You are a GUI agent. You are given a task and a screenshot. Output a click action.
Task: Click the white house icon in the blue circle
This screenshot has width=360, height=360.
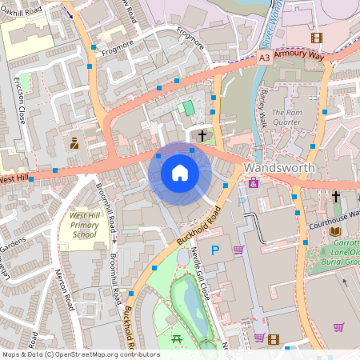pyautogui.click(x=180, y=173)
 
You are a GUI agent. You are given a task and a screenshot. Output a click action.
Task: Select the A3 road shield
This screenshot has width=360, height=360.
pyautogui.click(x=264, y=58)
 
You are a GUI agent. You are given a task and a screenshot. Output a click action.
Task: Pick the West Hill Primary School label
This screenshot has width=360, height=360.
pyautogui.click(x=84, y=225)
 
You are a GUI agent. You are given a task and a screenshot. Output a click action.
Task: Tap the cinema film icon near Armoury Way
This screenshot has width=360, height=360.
pyautogui.click(x=317, y=38)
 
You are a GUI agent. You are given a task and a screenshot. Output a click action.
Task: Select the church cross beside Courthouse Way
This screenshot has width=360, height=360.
pyautogui.click(x=336, y=196)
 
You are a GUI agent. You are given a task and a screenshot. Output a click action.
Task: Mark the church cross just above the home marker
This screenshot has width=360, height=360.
pyautogui.click(x=202, y=136)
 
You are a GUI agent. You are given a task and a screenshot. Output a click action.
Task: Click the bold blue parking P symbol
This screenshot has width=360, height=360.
pyautogui.click(x=214, y=250)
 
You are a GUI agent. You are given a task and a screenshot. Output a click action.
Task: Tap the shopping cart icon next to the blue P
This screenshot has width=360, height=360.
pyautogui.click(x=238, y=250)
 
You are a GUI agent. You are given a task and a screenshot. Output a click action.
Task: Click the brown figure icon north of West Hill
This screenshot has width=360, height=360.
pyautogui.click(x=74, y=144)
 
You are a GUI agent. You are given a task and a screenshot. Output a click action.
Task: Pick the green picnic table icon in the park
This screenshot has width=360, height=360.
pyautogui.click(x=177, y=340)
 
